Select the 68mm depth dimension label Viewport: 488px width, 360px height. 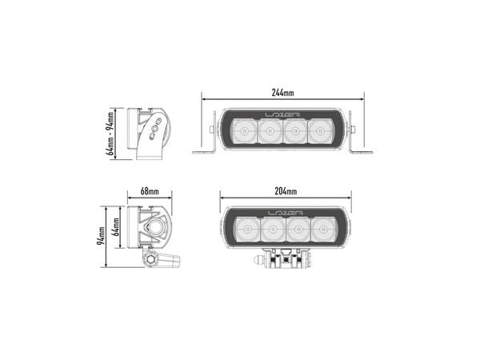[x=150, y=193]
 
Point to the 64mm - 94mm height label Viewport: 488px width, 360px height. [x=110, y=134]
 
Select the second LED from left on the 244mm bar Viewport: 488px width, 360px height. [x=267, y=132]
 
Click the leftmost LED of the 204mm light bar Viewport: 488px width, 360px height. [x=245, y=233]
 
